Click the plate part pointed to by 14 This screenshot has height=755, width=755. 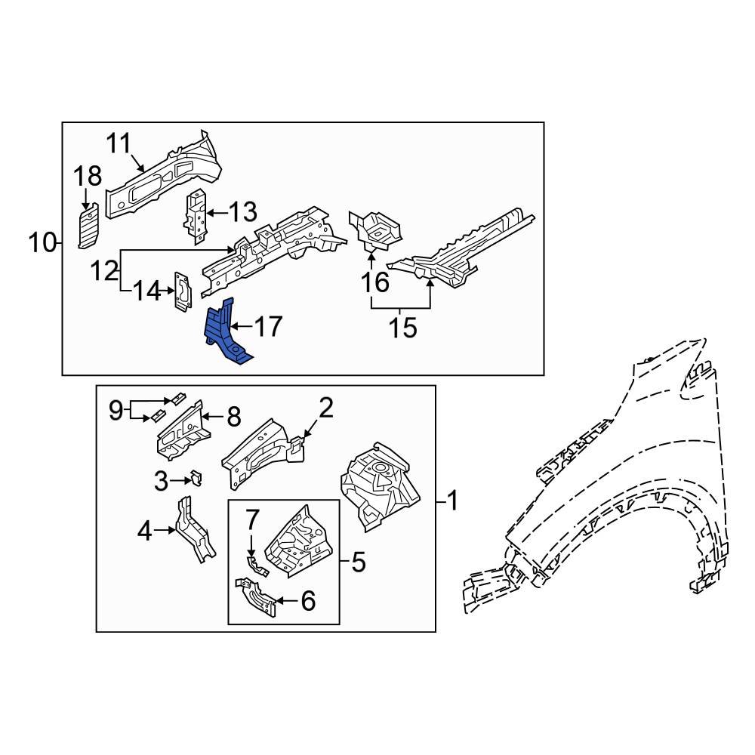(x=182, y=291)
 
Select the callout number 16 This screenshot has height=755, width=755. (x=374, y=282)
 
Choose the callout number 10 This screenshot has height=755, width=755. (x=43, y=243)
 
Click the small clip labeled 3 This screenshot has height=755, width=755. (x=196, y=479)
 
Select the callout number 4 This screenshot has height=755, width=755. (x=145, y=532)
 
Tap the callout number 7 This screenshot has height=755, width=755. (x=252, y=519)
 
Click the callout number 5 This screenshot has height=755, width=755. (x=358, y=562)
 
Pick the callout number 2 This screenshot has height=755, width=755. (x=325, y=409)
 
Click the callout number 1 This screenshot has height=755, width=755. (x=452, y=500)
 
